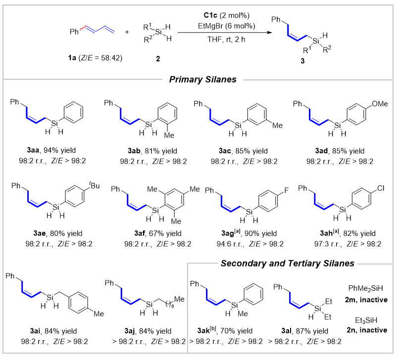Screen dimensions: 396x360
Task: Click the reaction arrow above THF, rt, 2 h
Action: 225,33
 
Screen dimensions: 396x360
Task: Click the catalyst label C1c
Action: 210,15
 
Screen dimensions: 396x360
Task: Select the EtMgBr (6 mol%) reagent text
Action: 227,26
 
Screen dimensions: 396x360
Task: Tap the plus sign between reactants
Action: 127,32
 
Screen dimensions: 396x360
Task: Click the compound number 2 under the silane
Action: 158,59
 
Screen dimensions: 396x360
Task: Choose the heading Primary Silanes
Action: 203,80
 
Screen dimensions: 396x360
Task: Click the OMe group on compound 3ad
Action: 380,104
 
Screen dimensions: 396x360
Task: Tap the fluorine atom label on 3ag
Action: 287,190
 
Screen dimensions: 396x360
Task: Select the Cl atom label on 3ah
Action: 381,188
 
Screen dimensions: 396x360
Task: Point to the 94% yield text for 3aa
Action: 59,150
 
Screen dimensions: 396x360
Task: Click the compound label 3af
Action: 140,233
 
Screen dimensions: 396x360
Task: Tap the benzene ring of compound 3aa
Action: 73,112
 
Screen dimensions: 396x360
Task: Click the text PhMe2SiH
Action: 366,288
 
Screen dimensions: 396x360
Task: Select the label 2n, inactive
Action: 367,330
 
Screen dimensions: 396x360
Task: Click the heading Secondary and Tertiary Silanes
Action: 288,264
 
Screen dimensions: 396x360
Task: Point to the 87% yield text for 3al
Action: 312,331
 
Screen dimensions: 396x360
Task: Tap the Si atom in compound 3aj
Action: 149,305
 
